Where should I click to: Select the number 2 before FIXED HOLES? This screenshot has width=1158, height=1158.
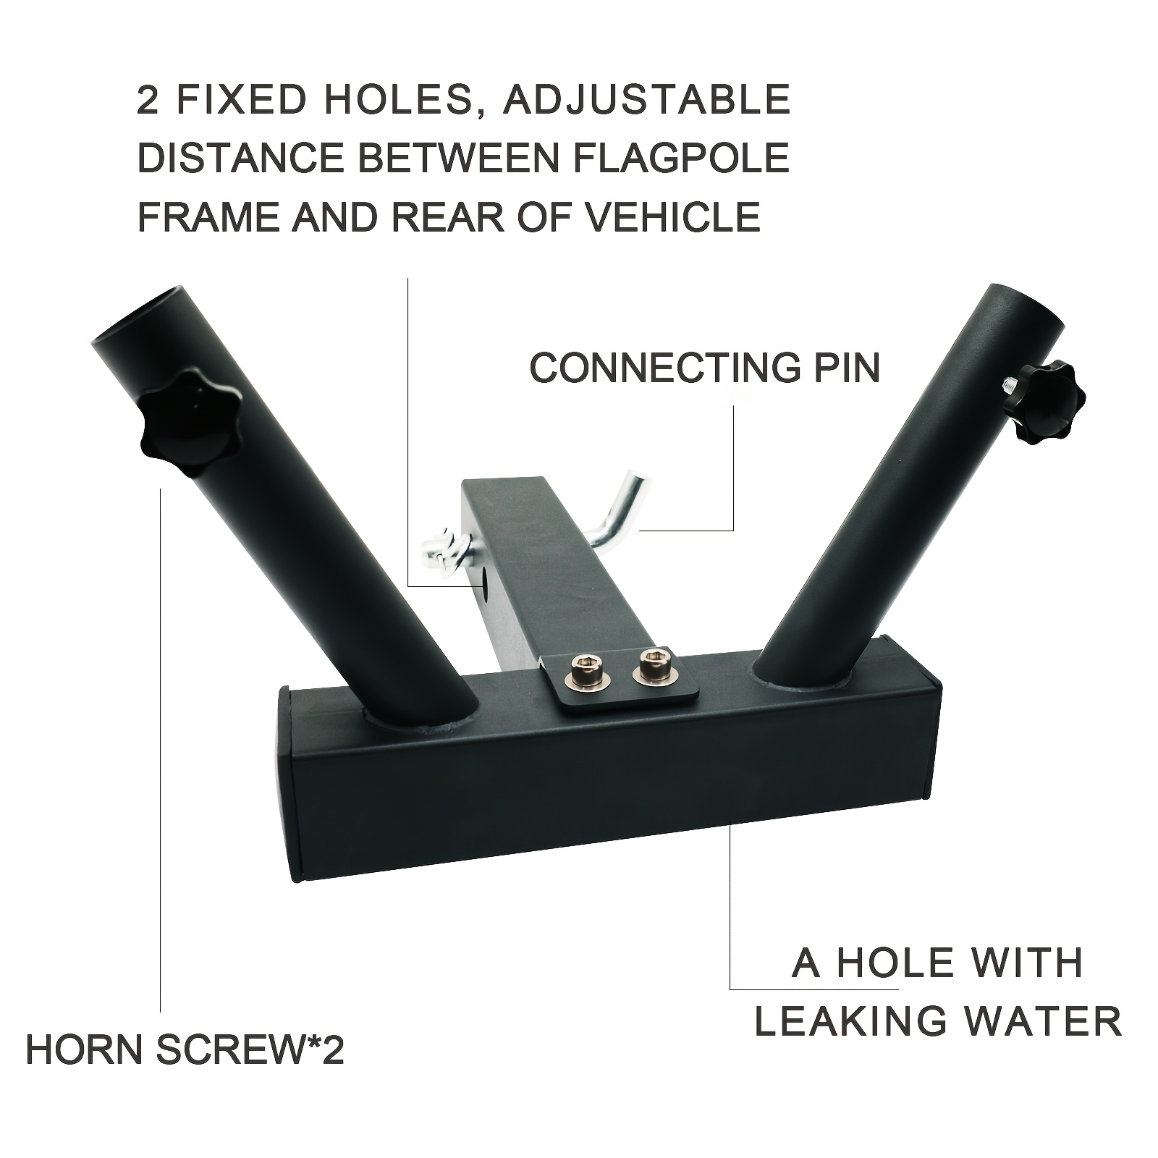click(x=148, y=100)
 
